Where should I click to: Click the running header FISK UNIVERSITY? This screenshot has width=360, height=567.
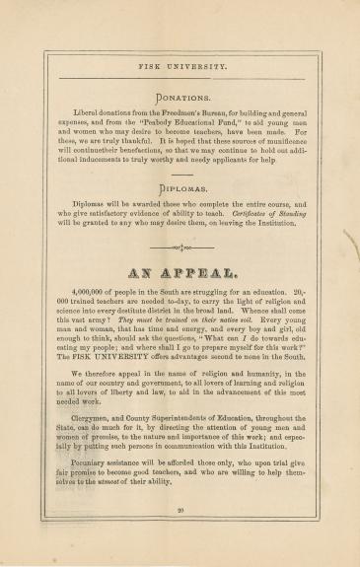coord(180,68)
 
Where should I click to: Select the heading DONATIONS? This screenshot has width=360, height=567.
coord(180,97)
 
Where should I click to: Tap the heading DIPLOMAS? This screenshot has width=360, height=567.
coord(180,187)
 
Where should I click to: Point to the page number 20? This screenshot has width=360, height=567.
coord(180,510)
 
